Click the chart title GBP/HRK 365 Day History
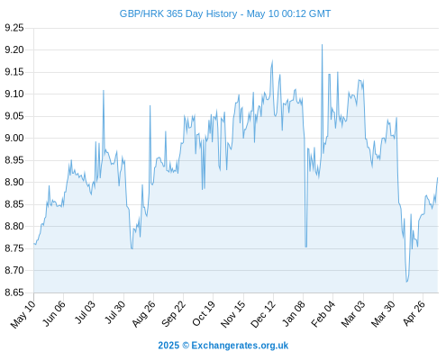[x=178, y=13]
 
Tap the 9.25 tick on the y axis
[x=14, y=28]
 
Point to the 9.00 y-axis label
[x=14, y=138]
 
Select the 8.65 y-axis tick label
[x=14, y=292]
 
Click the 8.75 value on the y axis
[x=14, y=248]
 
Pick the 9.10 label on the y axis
[x=14, y=94]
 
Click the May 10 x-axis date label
[x=23, y=314]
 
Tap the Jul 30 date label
[x=114, y=313]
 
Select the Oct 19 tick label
[x=204, y=313]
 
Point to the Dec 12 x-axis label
[x=263, y=314]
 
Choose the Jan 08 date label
[x=294, y=313]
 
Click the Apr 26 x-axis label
[x=414, y=313]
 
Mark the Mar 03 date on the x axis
[x=353, y=313]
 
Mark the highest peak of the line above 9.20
[x=322, y=45]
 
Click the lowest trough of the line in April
[x=406, y=282]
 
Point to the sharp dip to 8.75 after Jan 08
[x=305, y=247]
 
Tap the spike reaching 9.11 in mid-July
[x=104, y=90]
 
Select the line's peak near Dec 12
[x=272, y=61]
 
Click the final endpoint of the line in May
[x=438, y=177]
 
